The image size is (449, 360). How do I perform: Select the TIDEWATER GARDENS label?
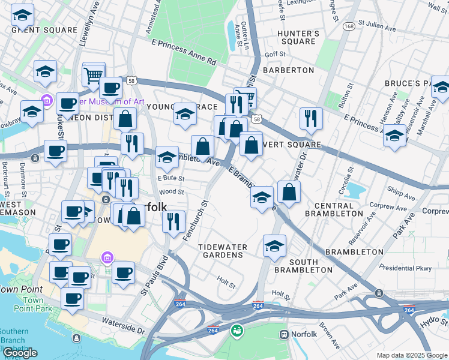point(221,250)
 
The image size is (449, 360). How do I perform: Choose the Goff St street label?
point(274,54)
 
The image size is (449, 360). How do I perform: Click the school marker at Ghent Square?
point(23,16)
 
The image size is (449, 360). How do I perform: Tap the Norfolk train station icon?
point(284,334)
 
